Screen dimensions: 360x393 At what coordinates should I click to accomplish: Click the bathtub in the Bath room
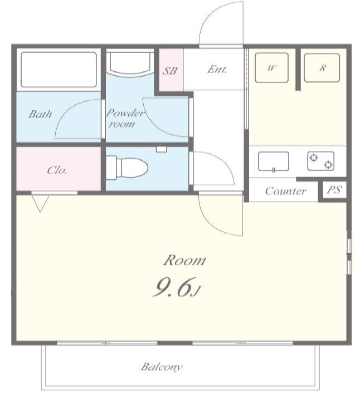pyautogui.click(x=59, y=70)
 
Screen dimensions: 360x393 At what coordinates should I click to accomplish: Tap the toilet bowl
pyautogui.click(x=127, y=168)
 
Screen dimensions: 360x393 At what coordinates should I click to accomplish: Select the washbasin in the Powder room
pyautogui.click(x=130, y=63)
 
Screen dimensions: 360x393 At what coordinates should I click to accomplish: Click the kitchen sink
pyautogui.click(x=274, y=161)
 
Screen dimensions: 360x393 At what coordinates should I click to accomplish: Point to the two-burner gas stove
pyautogui.click(x=321, y=161)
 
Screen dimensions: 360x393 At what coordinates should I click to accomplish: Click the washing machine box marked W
pyautogui.click(x=271, y=68)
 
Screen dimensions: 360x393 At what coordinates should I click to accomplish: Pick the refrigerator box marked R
pyautogui.click(x=322, y=68)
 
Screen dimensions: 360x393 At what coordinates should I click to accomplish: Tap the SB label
pyautogui.click(x=170, y=71)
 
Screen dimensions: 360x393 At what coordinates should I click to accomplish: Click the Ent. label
pyautogui.click(x=217, y=70)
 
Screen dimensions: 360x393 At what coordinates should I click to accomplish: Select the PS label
pyautogui.click(x=334, y=190)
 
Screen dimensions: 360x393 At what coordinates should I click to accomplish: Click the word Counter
pyautogui.click(x=286, y=191)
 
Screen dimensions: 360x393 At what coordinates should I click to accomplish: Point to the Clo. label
pyautogui.click(x=57, y=170)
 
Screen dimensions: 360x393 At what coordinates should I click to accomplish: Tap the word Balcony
pyautogui.click(x=162, y=367)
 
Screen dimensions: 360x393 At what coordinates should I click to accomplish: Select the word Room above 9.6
pyautogui.click(x=184, y=261)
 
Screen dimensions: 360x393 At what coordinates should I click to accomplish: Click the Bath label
pyautogui.click(x=40, y=114)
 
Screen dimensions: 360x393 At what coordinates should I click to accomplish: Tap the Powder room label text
pyautogui.click(x=125, y=119)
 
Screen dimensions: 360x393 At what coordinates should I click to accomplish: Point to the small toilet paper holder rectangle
pyautogui.click(x=162, y=149)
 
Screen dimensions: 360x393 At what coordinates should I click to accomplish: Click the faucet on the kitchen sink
pyautogui.click(x=274, y=170)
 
